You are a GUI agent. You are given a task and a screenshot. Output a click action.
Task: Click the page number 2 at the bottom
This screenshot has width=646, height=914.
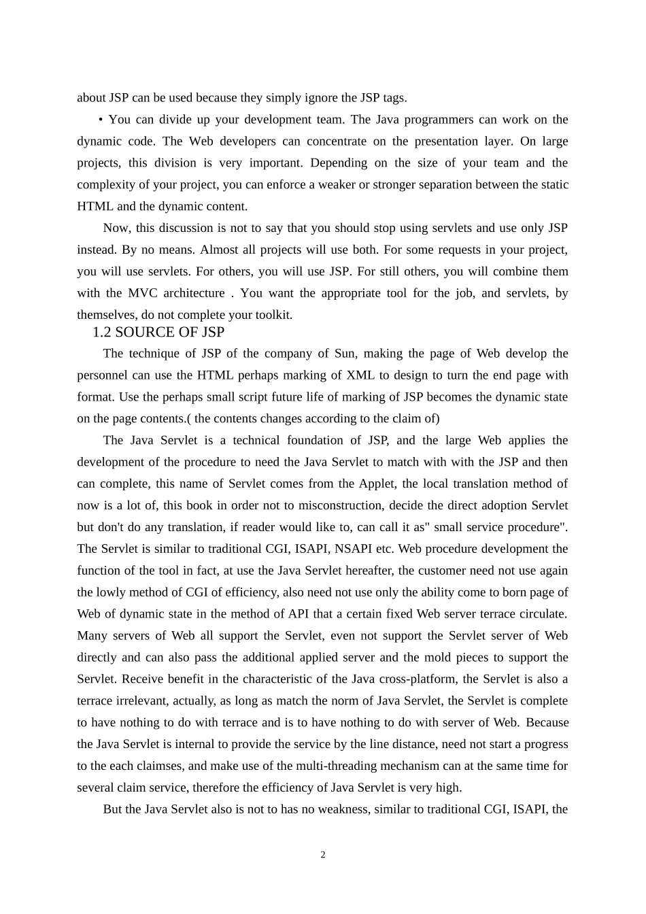(x=323, y=855)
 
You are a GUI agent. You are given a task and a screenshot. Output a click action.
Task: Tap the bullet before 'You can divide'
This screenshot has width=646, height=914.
(x=101, y=120)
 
